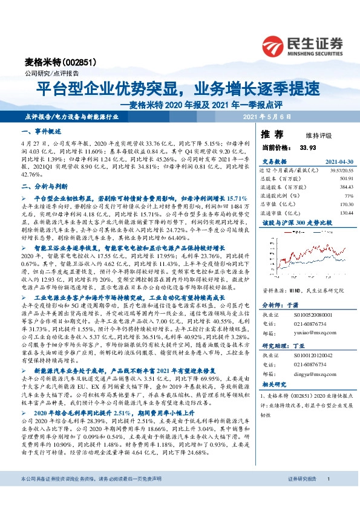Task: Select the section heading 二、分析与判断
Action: (x=45, y=187)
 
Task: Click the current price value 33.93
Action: (x=307, y=147)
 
